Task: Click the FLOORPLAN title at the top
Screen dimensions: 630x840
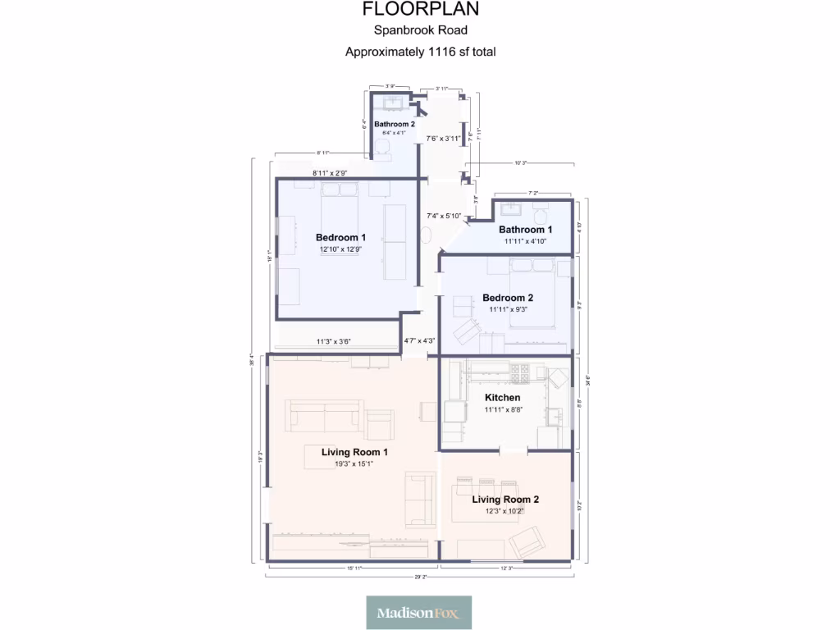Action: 420,10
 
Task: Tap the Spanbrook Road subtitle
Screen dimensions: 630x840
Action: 420,31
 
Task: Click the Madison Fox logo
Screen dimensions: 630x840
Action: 419,612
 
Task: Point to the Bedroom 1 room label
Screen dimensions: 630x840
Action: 340,238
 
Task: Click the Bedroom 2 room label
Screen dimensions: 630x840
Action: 508,298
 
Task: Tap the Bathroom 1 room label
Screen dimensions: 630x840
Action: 525,230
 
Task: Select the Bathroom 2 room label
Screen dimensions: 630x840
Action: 395,124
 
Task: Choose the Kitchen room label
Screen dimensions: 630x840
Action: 502,398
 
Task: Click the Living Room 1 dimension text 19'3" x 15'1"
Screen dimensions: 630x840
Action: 354,463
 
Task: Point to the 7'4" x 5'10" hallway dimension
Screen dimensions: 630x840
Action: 444,217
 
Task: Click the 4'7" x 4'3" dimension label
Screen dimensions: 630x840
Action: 418,341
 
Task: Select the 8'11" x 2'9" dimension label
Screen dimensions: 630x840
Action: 330,173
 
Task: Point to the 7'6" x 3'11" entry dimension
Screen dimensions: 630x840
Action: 442,139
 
